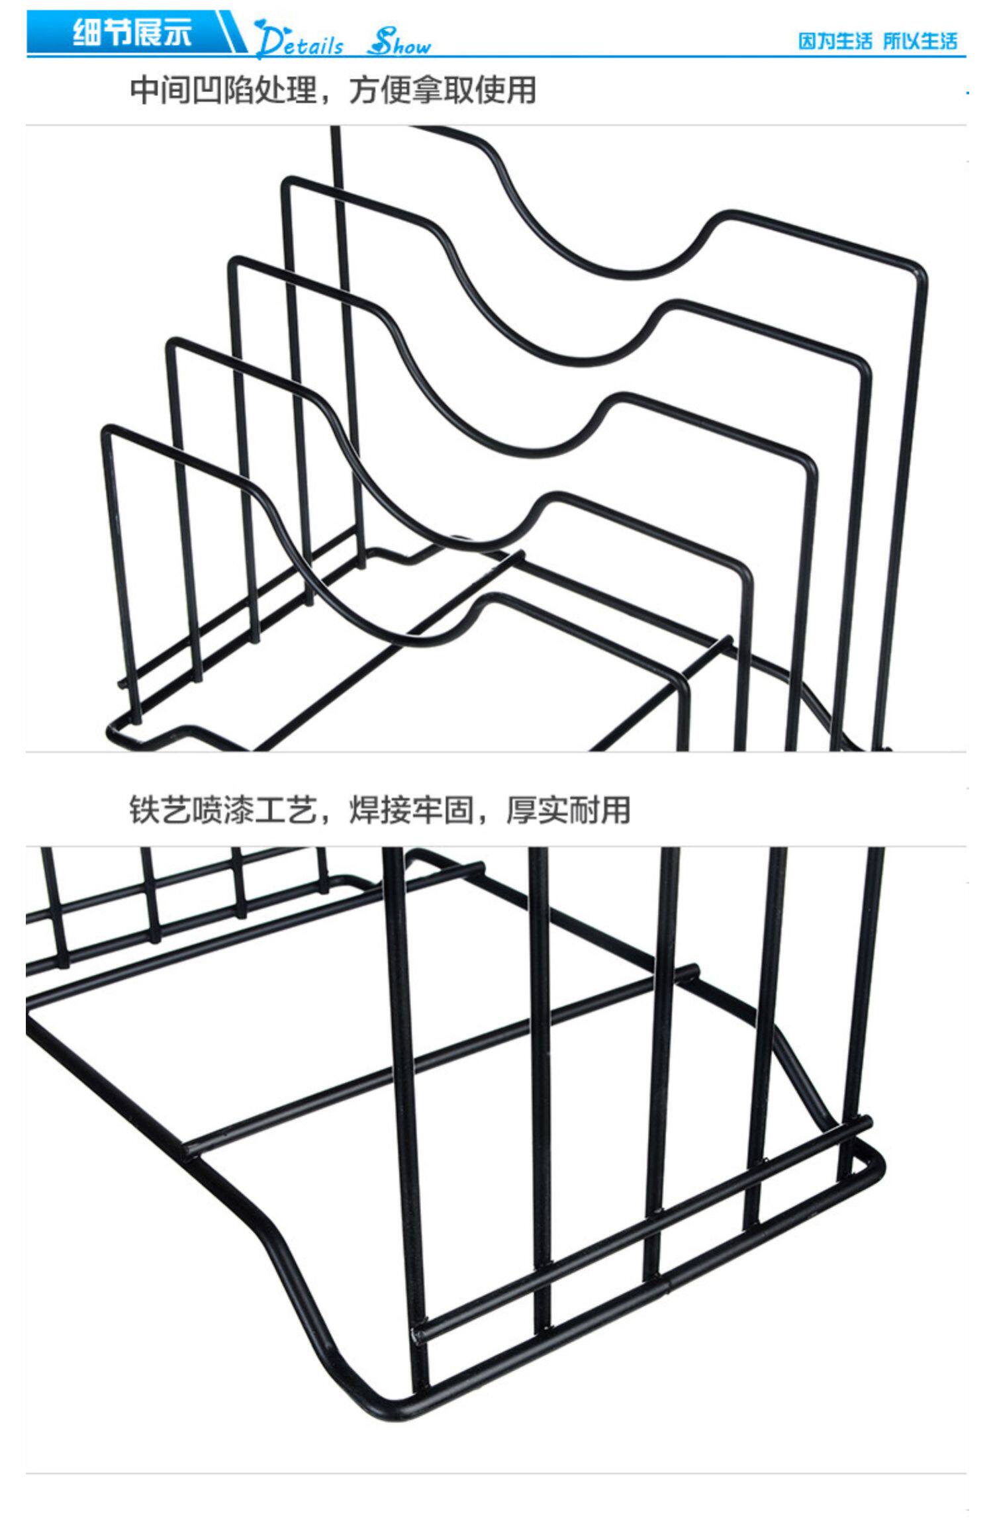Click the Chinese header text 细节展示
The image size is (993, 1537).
132,32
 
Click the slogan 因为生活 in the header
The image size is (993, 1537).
835,41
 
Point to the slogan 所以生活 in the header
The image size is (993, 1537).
920,41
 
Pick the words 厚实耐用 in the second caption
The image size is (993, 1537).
568,810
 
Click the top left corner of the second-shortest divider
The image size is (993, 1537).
171,344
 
